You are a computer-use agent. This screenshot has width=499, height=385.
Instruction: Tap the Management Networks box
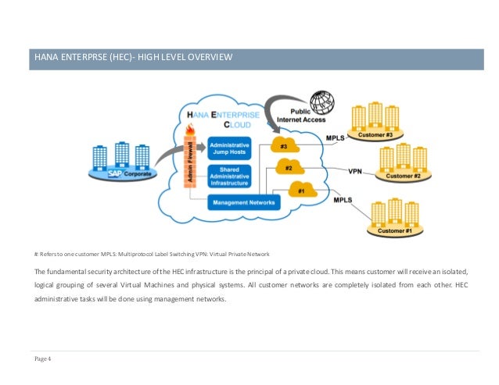click(243, 203)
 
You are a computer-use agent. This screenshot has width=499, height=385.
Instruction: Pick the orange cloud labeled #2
click(289, 168)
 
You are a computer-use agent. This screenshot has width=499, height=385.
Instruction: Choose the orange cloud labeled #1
click(301, 190)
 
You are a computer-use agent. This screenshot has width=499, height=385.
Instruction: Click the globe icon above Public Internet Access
click(321, 103)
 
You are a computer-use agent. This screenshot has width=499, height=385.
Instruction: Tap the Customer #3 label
click(375, 135)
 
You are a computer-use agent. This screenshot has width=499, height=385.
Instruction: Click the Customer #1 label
click(394, 231)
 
